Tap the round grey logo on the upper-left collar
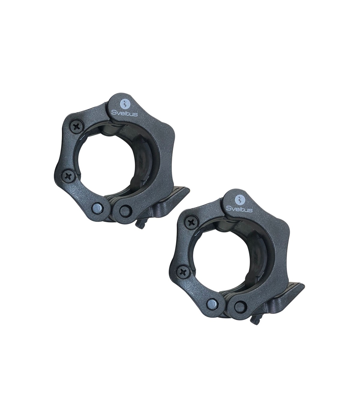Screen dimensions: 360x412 click(x=124, y=105)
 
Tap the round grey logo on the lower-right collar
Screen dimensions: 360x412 click(x=239, y=199)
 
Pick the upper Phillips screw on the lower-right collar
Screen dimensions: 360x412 click(x=191, y=223)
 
